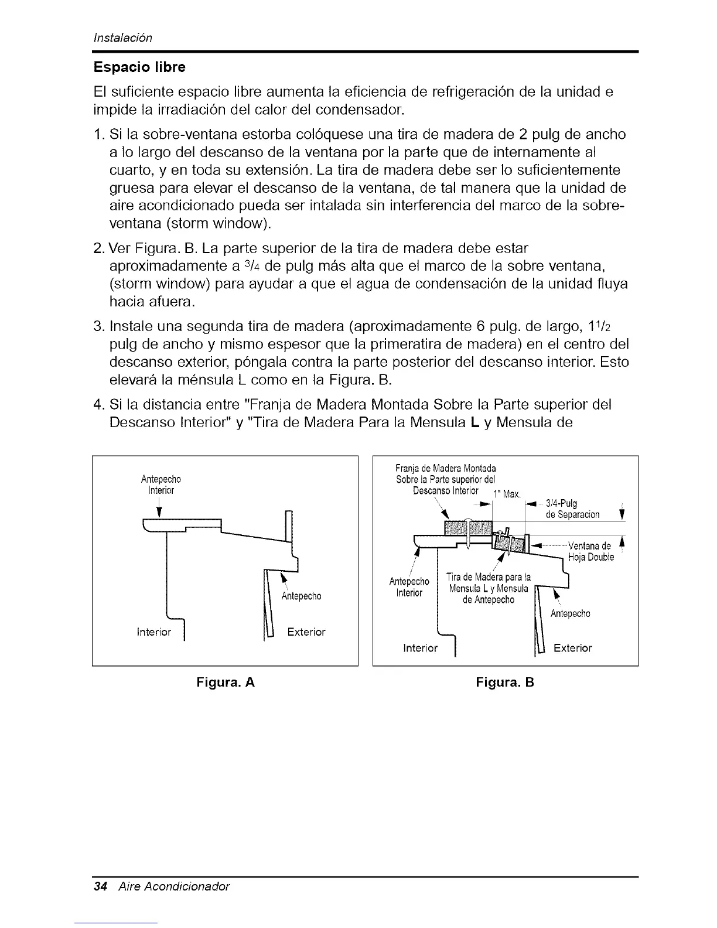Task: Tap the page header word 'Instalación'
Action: (x=124, y=38)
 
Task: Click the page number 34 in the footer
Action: (x=100, y=886)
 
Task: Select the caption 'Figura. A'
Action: (x=226, y=683)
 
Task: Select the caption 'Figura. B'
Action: (x=505, y=683)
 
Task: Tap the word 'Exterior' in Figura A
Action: (x=306, y=632)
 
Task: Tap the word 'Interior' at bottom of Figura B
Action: (x=421, y=648)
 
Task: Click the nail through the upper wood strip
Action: (x=469, y=530)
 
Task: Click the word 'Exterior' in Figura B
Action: (x=572, y=648)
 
